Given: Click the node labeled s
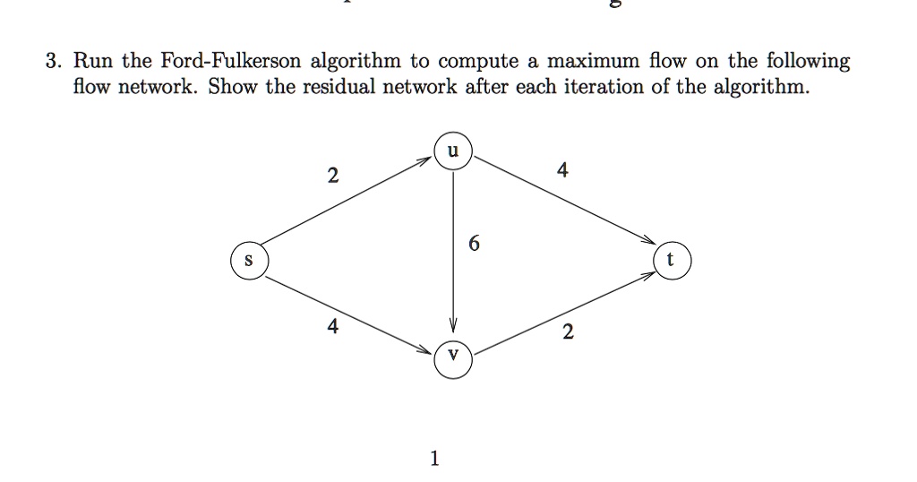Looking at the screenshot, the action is [x=250, y=261].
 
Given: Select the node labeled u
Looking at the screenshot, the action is [x=453, y=151].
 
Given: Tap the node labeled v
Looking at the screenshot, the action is [x=453, y=359].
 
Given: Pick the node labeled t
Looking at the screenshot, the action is [x=672, y=261].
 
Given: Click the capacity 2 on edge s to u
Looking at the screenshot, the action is [x=333, y=175].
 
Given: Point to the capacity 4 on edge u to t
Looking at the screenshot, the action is [x=562, y=169].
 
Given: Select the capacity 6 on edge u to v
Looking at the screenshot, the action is [x=475, y=243].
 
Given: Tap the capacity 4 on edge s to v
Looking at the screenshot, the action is [x=333, y=326].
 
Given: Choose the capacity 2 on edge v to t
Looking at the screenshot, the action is [x=568, y=331].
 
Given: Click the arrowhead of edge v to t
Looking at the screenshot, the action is [x=649, y=274].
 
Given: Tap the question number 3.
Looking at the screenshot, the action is [x=53, y=61].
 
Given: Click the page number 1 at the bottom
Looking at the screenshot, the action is [x=434, y=458].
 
